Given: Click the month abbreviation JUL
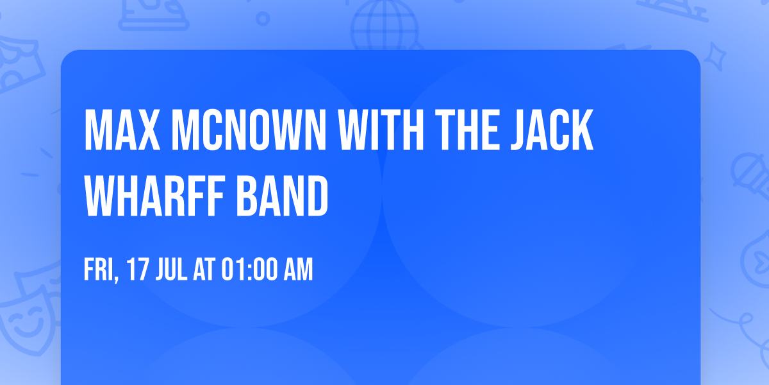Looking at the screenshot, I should (170, 270).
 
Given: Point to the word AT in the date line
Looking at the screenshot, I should (206, 270).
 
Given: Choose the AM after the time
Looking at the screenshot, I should (298, 270).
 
